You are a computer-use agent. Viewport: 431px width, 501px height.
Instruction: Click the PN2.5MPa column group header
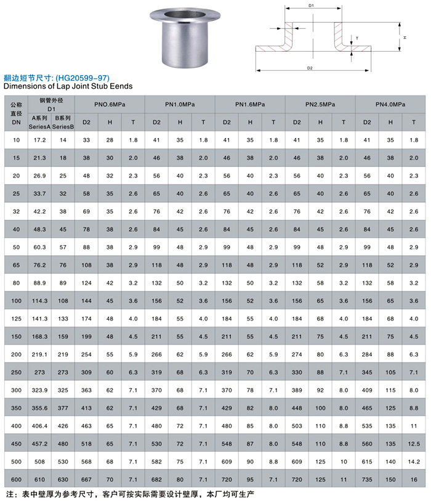tap(320, 105)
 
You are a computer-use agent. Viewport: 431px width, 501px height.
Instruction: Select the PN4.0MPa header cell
tap(390, 105)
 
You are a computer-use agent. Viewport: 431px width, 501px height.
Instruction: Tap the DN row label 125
tap(16, 319)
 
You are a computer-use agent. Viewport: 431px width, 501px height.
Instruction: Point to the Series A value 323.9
tap(39, 390)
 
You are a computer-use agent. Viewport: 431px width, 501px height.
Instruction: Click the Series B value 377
tap(63, 408)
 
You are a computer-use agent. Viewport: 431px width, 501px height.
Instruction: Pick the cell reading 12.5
tap(414, 444)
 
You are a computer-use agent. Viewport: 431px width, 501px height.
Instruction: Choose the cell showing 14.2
tap(414, 462)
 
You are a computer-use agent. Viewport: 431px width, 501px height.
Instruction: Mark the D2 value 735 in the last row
tap(367, 479)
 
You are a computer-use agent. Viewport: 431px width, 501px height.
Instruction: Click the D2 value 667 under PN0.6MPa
tap(86, 479)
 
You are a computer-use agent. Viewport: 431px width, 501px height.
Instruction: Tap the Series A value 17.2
tap(39, 140)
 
